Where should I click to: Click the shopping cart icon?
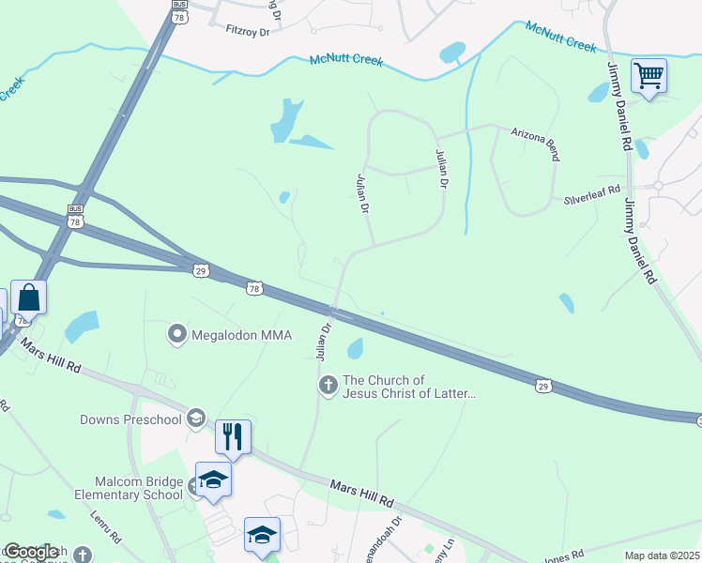coord(649,75)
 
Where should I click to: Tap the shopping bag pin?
coord(29,297)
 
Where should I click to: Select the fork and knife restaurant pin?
coord(233,436)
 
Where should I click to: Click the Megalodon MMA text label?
coord(242,334)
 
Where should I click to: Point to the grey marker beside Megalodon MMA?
coord(176,334)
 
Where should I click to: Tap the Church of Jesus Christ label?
coord(409,387)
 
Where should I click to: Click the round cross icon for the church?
coord(328,385)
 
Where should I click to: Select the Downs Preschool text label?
coord(130,418)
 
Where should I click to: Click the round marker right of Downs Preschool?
coord(195,418)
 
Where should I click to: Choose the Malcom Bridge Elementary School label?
coord(130,488)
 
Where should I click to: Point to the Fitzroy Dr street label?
coord(248,30)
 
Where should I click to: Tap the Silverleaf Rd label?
coord(592,195)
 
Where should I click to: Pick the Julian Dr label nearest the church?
coord(325,342)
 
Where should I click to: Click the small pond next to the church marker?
coord(355,349)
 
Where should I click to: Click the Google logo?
coord(30,552)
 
